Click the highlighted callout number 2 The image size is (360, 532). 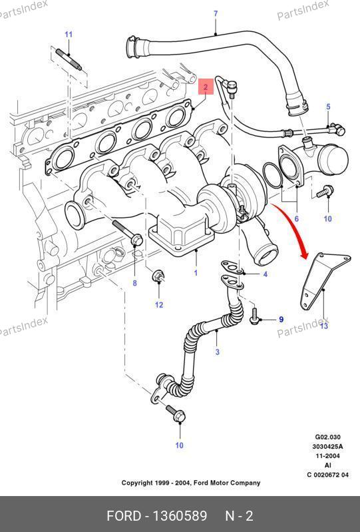(206, 87)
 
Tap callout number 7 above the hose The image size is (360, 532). (216, 14)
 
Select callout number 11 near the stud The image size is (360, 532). (69, 34)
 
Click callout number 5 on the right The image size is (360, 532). (328, 107)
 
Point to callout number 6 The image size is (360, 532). (297, 219)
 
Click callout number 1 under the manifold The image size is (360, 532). (196, 272)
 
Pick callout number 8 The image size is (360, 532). (135, 282)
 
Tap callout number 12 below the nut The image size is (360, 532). (159, 305)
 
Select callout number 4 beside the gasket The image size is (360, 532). (266, 274)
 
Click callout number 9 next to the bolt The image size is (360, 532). (281, 320)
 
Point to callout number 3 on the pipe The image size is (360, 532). (218, 352)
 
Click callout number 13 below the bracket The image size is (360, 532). (324, 326)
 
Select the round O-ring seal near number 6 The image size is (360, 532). (273, 175)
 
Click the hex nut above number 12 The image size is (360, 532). (158, 276)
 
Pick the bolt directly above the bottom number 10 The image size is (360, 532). (176, 414)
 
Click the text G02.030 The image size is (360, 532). (328, 437)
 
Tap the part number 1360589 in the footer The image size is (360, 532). (180, 516)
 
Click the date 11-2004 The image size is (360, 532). (328, 456)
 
